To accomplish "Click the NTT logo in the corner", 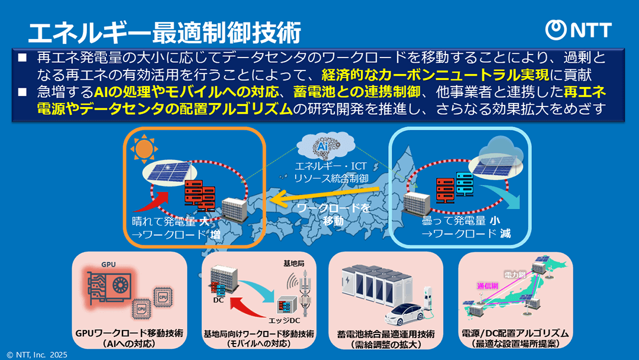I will [x=578, y=30].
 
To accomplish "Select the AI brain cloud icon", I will [x=323, y=146].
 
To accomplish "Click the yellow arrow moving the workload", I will [x=331, y=199].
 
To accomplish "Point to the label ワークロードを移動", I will [x=333, y=215].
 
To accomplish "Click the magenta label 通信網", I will [x=489, y=285].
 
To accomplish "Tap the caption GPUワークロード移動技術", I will [x=130, y=333].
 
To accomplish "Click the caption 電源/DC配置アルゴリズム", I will [x=515, y=333].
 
